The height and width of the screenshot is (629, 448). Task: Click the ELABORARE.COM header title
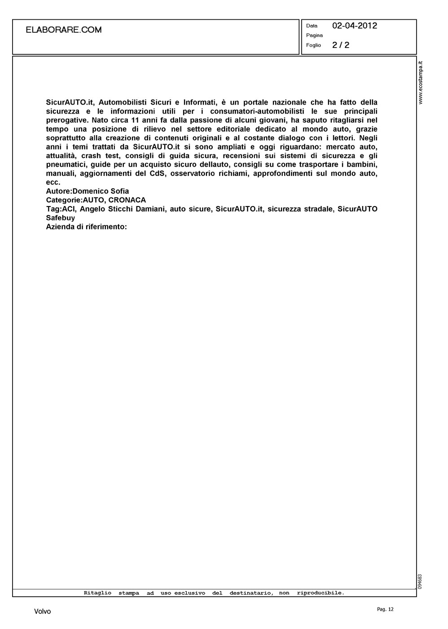(64, 30)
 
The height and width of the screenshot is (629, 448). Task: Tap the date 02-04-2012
(355, 26)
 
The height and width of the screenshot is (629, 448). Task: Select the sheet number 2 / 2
(341, 45)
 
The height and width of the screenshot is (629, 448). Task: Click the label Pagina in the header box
(314, 35)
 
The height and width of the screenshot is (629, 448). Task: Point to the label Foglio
(313, 45)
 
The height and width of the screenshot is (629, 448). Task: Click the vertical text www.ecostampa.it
(421, 83)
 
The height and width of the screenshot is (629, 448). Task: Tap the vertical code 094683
(420, 581)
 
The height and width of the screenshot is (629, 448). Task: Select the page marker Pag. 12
(385, 609)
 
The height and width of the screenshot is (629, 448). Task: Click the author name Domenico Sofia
(101, 191)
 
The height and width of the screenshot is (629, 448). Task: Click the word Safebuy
(61, 218)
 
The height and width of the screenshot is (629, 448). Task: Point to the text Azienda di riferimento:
(87, 227)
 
